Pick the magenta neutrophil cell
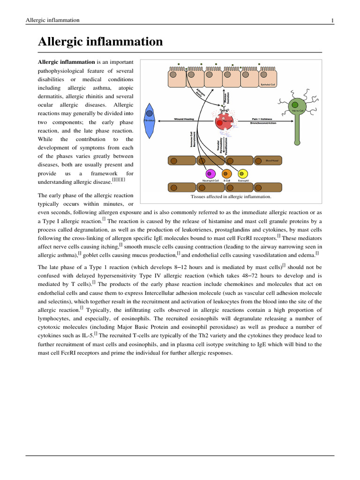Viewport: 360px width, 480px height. click(210, 174)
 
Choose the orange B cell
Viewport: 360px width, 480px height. click(226, 174)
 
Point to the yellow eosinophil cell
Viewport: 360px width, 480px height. click(243, 174)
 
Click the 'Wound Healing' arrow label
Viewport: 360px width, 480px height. click(184, 120)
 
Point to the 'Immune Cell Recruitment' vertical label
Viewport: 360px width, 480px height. click(193, 139)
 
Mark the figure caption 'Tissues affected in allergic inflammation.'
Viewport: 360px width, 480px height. click(231, 197)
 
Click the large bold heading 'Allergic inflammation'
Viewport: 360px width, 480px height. click(100, 42)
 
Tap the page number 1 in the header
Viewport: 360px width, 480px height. click(332, 20)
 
